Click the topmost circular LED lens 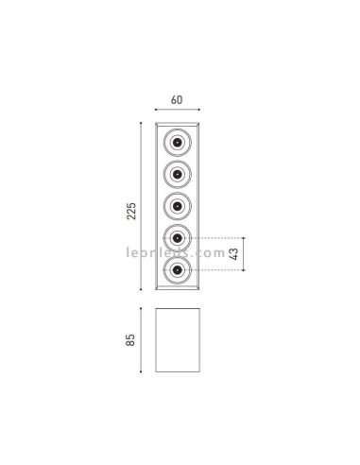179,142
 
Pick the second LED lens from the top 179,174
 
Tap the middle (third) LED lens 179,206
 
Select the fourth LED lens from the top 179,238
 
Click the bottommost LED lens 179,270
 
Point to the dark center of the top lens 179,142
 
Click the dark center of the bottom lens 179,270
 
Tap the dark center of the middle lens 179,206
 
